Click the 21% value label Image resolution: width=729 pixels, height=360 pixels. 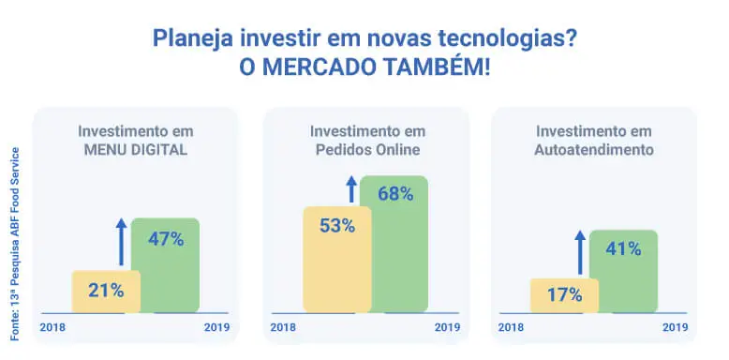pos(106,291)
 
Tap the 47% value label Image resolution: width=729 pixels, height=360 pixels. pos(165,238)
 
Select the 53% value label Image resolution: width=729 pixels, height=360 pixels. pos(336,226)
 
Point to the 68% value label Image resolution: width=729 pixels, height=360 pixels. pos(394,194)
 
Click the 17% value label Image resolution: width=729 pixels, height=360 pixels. pos(564,294)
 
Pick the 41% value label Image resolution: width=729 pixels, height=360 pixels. pos(622,249)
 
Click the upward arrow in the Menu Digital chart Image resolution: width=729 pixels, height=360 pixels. pos(121,242)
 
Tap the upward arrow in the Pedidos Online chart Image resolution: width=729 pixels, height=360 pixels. pos(351,188)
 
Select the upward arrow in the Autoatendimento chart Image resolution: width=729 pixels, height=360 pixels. pos(580,252)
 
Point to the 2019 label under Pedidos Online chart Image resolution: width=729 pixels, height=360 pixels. pos(447,327)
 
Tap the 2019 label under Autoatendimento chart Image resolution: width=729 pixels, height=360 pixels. pos(676,327)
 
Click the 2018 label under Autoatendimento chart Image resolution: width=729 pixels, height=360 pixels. pos(511,327)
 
